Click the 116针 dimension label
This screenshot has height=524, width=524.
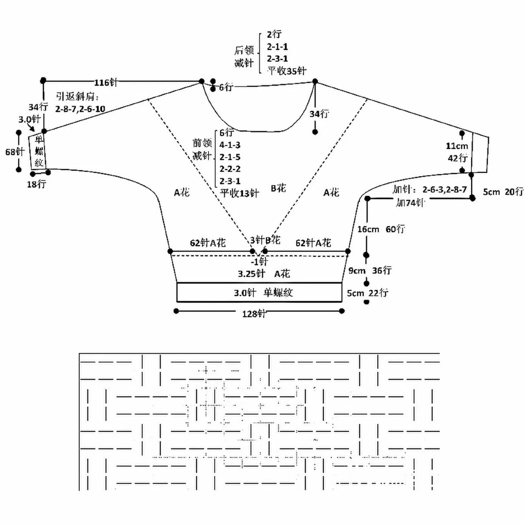click(x=106, y=82)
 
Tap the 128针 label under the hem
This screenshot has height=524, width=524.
click(x=254, y=314)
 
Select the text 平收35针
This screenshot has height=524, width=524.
click(x=287, y=71)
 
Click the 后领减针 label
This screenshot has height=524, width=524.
click(x=244, y=56)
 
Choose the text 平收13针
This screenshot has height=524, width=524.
click(x=239, y=193)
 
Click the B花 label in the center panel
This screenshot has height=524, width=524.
click(x=278, y=188)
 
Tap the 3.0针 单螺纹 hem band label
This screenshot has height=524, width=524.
click(x=263, y=293)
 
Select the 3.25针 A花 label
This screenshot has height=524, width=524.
click(x=264, y=273)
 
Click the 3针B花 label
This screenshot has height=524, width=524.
click(x=265, y=240)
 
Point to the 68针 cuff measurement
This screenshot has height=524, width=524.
click(x=15, y=152)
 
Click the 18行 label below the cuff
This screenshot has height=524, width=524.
click(x=36, y=184)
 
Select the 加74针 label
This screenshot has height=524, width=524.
click(x=410, y=202)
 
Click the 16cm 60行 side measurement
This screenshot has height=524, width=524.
click(x=381, y=229)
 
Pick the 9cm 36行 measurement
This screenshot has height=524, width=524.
click(x=370, y=271)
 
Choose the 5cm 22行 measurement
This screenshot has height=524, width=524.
click(x=368, y=293)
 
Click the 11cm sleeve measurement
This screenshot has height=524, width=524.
click(x=456, y=146)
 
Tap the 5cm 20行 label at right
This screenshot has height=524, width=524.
click(x=503, y=192)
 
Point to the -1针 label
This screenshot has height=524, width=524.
click(x=259, y=261)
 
